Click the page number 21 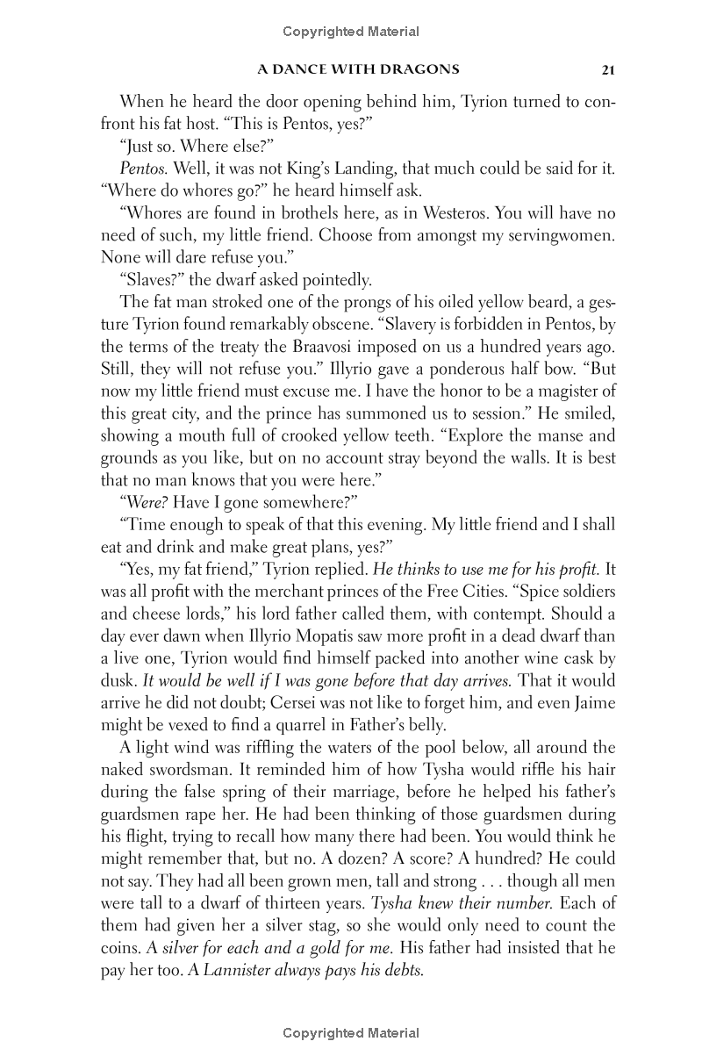coord(607,70)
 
